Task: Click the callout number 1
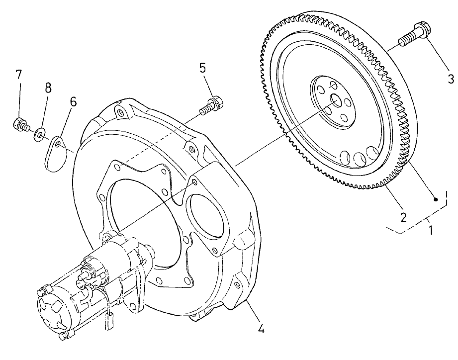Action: [x=431, y=231]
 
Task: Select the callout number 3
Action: [x=450, y=79]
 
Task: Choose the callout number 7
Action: [x=18, y=75]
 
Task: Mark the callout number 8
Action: [x=48, y=89]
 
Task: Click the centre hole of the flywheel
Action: [x=336, y=102]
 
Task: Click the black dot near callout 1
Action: [x=436, y=200]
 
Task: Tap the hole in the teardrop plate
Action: [x=58, y=144]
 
